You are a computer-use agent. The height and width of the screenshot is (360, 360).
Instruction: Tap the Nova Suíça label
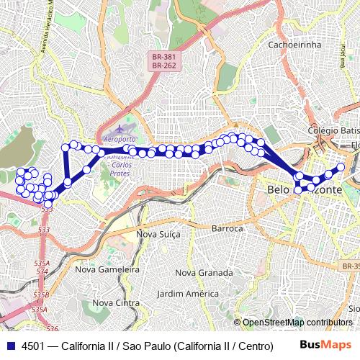[158, 234]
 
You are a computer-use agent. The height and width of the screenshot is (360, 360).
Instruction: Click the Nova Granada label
[204, 273]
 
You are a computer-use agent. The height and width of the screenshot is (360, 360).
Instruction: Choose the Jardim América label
[188, 294]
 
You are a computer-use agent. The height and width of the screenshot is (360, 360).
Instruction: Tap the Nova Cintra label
[117, 302]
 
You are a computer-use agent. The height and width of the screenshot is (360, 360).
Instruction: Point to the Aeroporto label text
[120, 138]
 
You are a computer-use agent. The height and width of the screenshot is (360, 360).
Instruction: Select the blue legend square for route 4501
[9, 346]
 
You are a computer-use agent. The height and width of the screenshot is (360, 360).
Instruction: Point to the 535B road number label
[40, 295]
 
